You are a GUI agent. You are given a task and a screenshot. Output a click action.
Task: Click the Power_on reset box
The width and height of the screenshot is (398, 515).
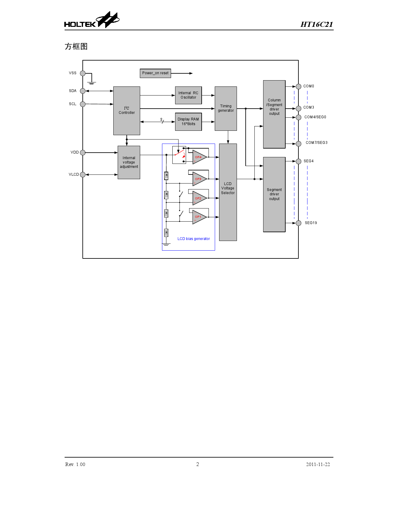[155, 73]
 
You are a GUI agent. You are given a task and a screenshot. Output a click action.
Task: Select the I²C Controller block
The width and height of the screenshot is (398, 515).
[126, 111]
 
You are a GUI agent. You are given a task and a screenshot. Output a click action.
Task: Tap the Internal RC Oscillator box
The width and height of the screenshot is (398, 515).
[188, 95]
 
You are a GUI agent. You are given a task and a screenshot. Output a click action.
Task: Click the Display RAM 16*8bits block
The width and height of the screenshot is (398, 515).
[188, 122]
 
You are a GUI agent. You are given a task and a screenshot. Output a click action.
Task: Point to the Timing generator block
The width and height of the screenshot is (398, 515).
[226, 109]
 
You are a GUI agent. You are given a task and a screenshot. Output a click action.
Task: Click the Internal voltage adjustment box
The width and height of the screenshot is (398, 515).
[129, 162]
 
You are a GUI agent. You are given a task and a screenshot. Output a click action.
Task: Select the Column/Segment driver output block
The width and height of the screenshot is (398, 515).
[274, 114]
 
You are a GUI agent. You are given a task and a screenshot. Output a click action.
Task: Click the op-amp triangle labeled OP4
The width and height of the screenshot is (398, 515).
[199, 157]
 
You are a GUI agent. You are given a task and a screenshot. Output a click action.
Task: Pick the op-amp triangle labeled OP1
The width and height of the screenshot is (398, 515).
[199, 217]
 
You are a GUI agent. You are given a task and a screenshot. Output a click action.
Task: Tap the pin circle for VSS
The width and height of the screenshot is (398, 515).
[83, 73]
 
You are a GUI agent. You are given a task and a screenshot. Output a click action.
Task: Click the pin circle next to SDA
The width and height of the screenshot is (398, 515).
[83, 91]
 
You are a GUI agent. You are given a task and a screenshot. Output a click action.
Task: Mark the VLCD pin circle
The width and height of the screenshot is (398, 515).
[83, 175]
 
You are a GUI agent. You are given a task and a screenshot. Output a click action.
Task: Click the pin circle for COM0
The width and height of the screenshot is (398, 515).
[298, 86]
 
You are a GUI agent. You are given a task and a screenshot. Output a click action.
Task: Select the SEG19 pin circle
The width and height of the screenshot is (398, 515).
[298, 223]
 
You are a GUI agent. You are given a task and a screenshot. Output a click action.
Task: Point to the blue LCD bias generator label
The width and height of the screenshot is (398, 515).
[194, 239]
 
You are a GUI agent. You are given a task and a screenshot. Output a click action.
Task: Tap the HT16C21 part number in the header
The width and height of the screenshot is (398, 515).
[317, 24]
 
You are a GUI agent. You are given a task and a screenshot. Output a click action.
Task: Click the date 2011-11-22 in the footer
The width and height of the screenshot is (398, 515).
[318, 464]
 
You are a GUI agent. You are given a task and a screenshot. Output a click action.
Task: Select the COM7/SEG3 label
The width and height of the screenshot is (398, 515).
[317, 143]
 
